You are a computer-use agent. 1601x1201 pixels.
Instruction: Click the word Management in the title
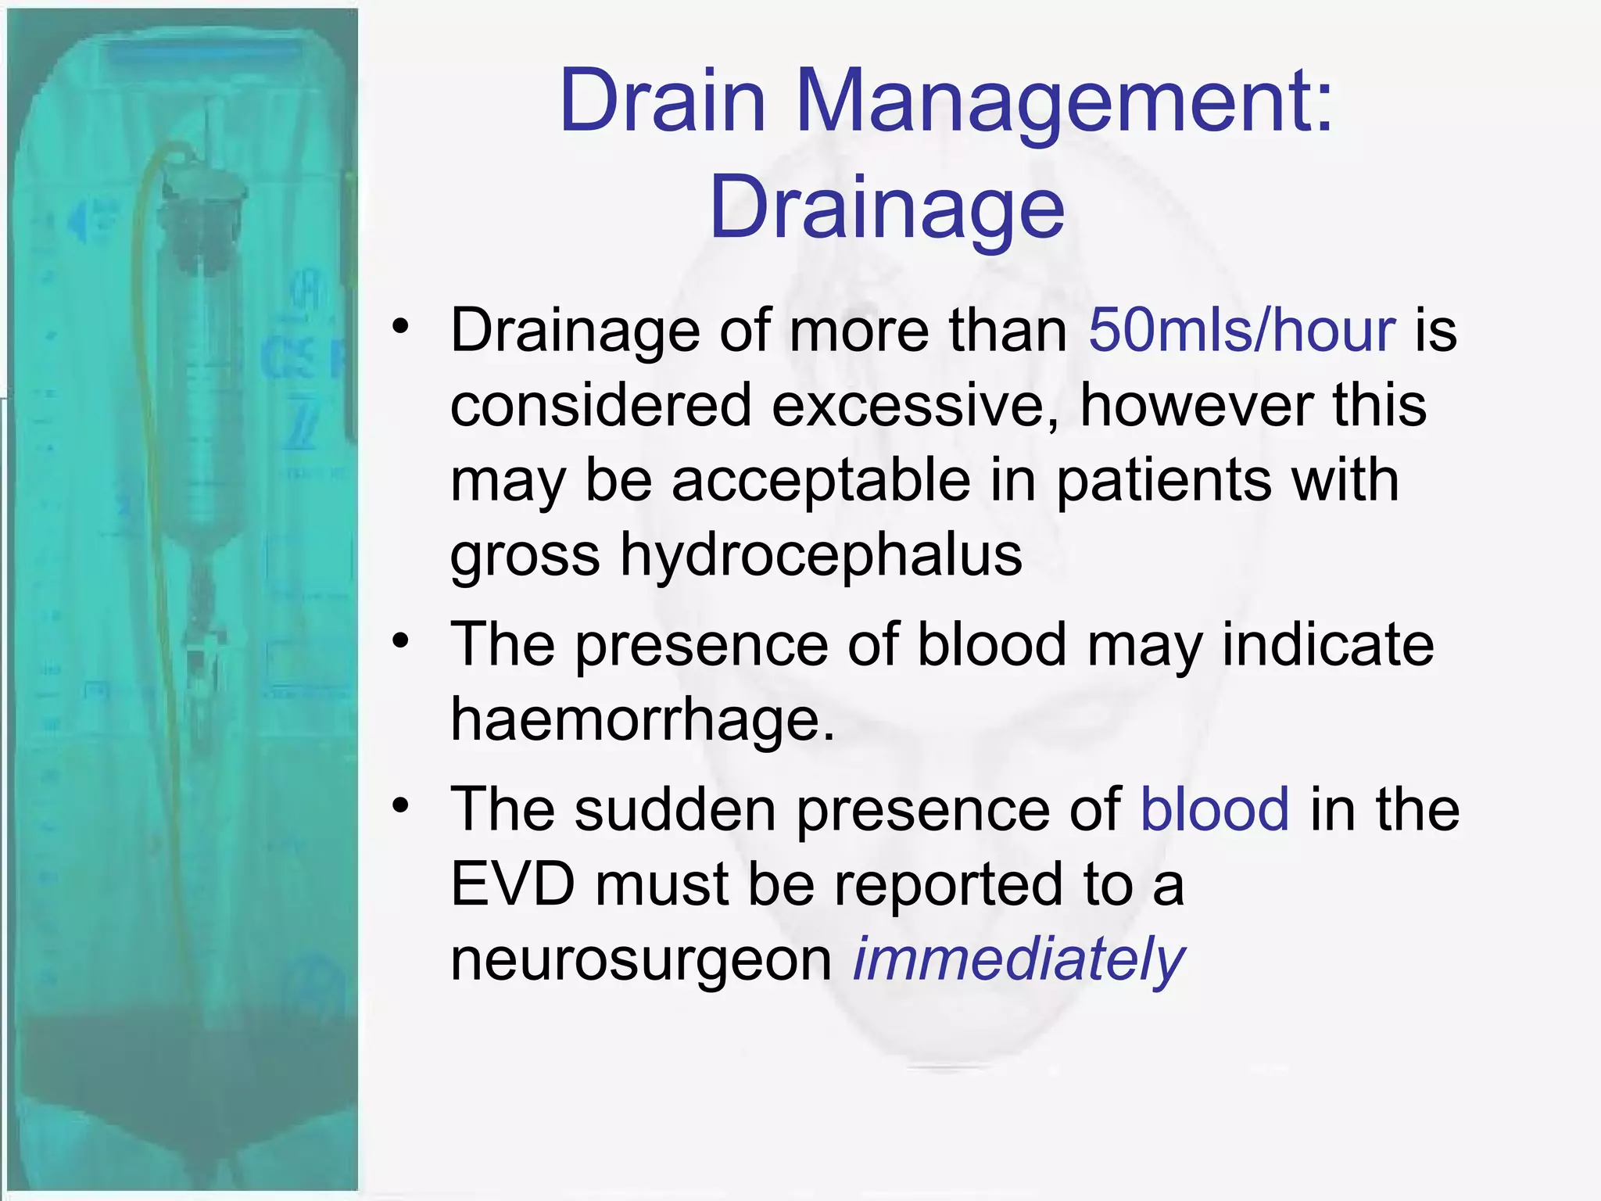point(1063,102)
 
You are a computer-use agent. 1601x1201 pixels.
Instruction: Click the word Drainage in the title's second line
point(886,208)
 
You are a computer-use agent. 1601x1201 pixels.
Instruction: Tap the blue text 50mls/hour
point(1241,330)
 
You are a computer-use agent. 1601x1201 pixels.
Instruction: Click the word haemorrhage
point(643,719)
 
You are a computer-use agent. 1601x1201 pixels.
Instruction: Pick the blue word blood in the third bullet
point(1215,808)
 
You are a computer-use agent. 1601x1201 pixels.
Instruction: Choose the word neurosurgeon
point(642,960)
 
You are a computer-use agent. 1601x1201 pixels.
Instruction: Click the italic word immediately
point(1019,960)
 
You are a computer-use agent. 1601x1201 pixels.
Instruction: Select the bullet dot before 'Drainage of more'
point(401,326)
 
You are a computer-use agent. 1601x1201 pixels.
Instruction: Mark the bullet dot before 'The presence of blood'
point(401,641)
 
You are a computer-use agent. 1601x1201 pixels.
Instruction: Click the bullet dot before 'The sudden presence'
point(401,805)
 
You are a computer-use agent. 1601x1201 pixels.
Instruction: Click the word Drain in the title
point(661,102)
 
